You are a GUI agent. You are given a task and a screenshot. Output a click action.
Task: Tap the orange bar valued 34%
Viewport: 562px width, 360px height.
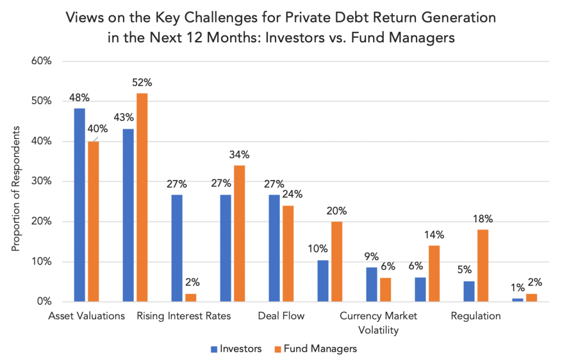(x=239, y=234)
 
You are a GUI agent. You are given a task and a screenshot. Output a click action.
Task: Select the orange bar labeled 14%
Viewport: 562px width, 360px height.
(x=434, y=273)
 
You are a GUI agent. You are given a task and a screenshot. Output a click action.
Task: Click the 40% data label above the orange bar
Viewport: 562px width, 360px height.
(x=97, y=130)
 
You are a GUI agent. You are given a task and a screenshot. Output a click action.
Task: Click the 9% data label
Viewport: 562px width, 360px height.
(x=372, y=256)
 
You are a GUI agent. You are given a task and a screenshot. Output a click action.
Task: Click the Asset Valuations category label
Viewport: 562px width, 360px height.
(x=87, y=316)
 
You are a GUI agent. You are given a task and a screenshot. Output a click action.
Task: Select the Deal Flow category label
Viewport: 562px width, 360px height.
(x=281, y=316)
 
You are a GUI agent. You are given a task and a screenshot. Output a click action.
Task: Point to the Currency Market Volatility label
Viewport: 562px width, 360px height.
(x=378, y=323)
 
